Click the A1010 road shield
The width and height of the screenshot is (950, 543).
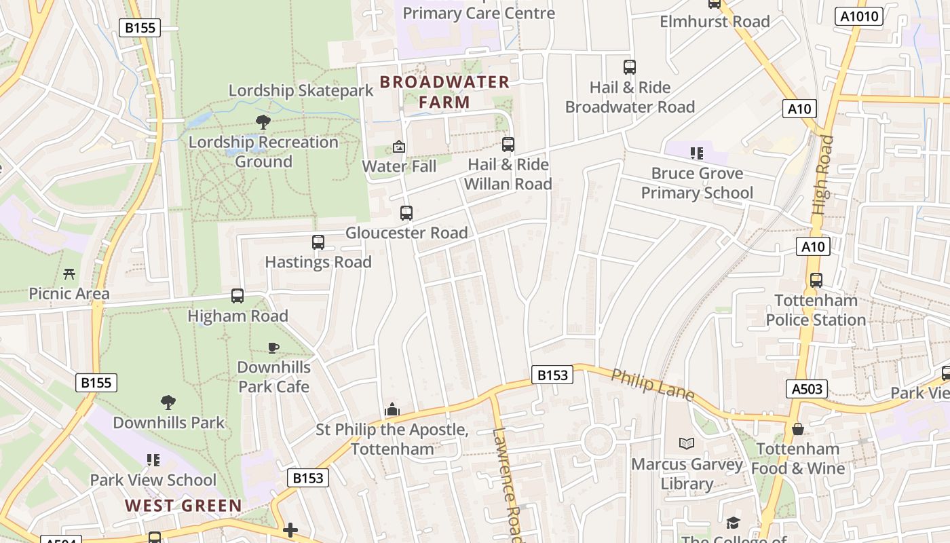point(858,16)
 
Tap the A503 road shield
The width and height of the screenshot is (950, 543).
point(807,389)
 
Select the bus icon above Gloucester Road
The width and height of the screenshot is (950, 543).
point(406,213)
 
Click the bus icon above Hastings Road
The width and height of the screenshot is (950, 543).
point(318,242)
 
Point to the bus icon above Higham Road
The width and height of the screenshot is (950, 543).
point(237,296)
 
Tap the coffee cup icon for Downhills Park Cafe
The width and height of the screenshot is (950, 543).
point(273,348)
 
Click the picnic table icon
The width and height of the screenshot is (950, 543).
point(69,274)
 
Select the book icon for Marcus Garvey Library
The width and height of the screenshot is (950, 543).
point(687,444)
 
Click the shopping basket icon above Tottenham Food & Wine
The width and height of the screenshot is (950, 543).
point(798,429)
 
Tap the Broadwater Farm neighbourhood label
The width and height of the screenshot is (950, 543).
point(444,92)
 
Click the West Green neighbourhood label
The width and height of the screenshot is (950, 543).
point(184,506)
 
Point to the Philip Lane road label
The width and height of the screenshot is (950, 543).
point(653,385)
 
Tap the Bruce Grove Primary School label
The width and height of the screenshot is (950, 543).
point(697,183)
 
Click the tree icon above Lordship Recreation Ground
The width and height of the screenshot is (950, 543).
point(263,122)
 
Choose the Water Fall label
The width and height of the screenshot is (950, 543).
point(399,166)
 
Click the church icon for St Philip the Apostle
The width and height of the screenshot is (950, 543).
point(392,409)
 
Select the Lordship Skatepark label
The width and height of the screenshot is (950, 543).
point(301,90)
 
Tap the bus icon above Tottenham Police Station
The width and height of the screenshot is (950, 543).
point(816,280)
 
